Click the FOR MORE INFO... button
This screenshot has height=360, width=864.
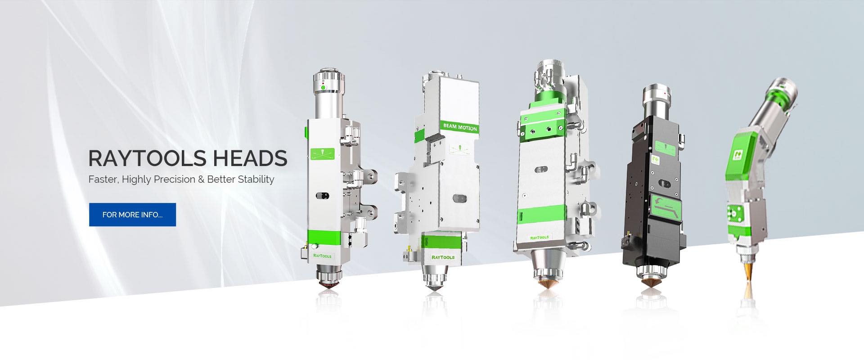pyautogui.click(x=132, y=215)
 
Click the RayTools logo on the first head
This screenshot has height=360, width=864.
pyautogui.click(x=322, y=256)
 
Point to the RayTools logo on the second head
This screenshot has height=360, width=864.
pyautogui.click(x=442, y=257)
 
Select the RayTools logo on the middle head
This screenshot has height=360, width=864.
pyautogui.click(x=540, y=237)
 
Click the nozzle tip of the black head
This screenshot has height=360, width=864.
pyautogui.click(x=651, y=285)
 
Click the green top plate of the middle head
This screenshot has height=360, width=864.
pyautogui.click(x=542, y=123)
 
